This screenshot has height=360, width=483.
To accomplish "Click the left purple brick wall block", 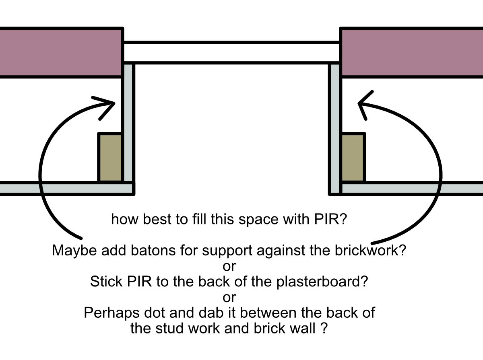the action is click(61, 53).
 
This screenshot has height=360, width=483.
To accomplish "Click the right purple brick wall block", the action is click(411, 53).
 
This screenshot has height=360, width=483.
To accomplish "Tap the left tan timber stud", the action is click(110, 158).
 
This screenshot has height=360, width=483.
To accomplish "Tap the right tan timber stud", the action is click(353, 158).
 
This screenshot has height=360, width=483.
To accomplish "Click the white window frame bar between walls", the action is click(231, 53).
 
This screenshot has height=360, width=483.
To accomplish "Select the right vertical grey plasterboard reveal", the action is click(335, 129).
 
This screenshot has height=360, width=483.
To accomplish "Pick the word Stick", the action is click(106, 282).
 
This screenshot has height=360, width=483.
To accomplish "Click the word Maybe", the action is click(74, 251).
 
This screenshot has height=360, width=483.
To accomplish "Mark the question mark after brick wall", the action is click(324, 328).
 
